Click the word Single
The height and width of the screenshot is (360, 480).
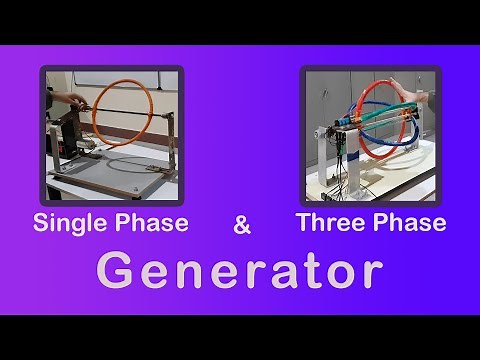tap(65, 223)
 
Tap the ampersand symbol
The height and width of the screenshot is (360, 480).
tap(242, 226)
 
